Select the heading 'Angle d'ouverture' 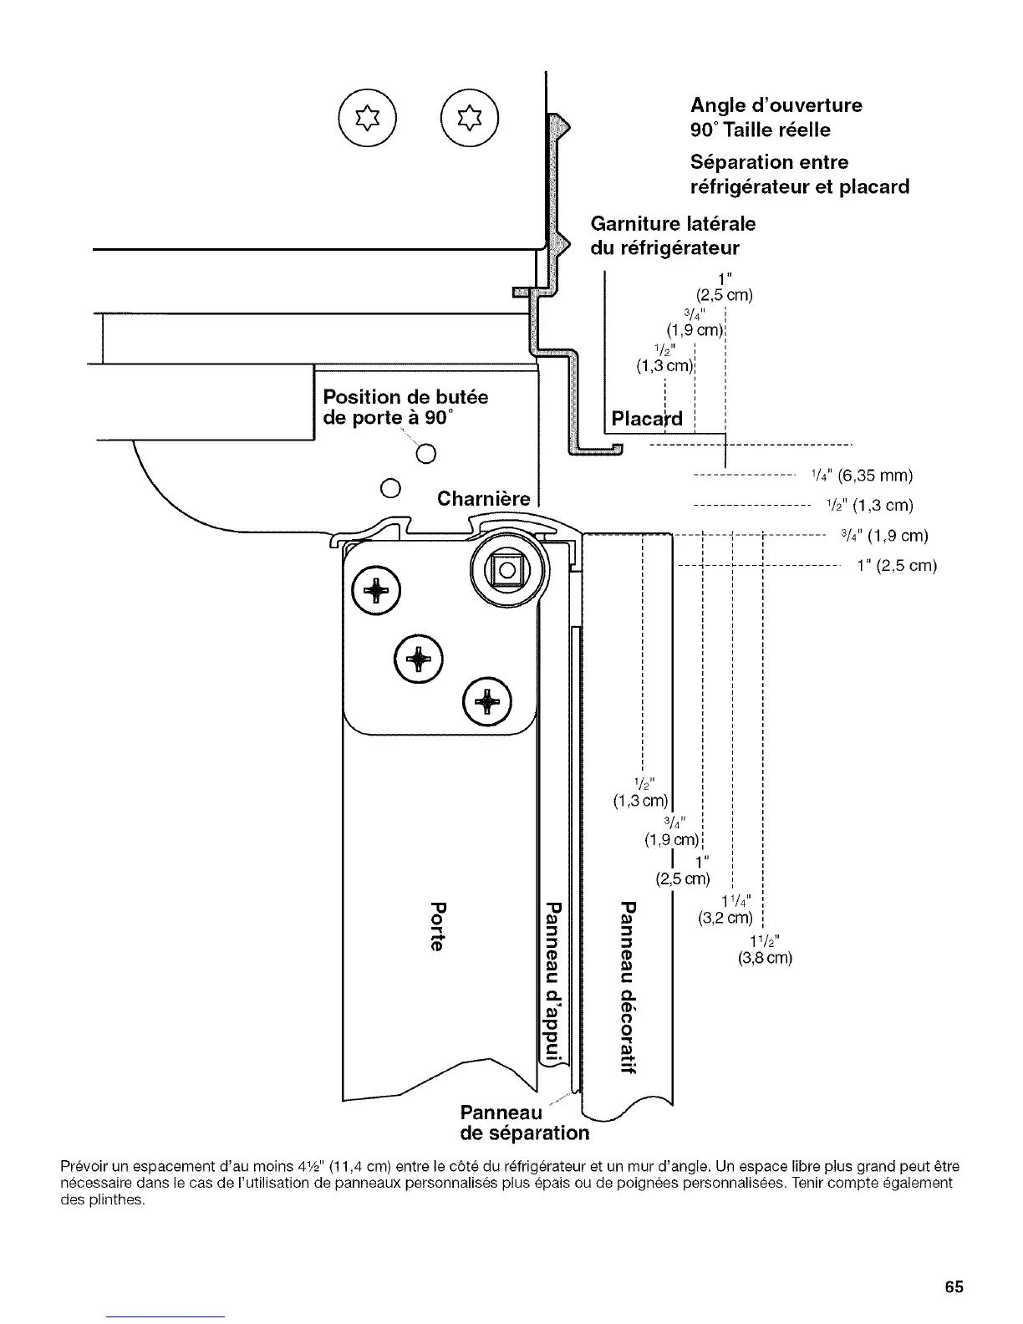click(x=776, y=105)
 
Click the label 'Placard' click(x=647, y=419)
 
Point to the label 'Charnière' click(x=484, y=500)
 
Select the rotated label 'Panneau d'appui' click(x=552, y=983)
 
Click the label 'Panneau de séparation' click(x=524, y=1123)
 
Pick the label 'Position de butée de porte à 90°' click(x=405, y=407)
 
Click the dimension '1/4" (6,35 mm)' click(x=862, y=476)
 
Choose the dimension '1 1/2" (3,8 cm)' click(x=764, y=949)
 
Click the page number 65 click(x=954, y=1286)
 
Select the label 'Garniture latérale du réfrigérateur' click(x=673, y=236)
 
